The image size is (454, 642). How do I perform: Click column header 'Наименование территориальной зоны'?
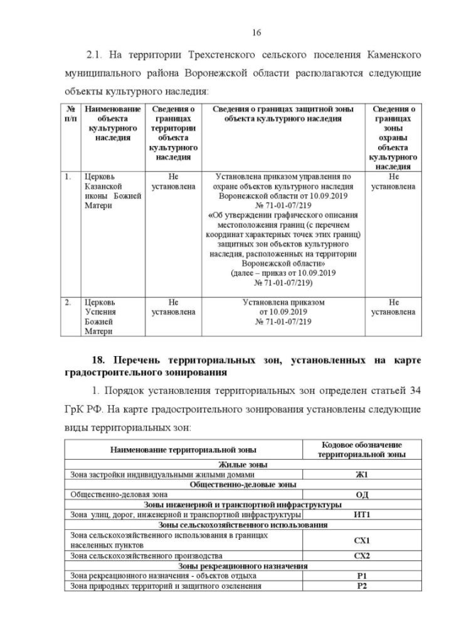click(x=183, y=450)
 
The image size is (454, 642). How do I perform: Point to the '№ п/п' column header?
click(x=70, y=114)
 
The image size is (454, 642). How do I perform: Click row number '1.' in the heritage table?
click(x=67, y=176)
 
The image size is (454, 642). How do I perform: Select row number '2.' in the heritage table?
click(x=67, y=302)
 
